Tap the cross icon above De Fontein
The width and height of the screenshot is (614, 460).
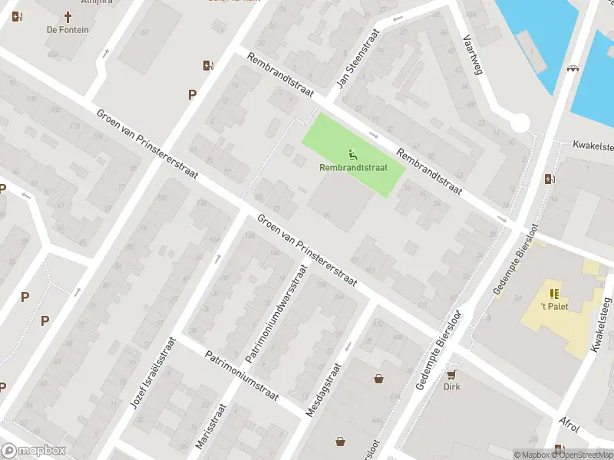coord(67,17)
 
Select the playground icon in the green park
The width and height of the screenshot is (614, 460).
coord(352,153)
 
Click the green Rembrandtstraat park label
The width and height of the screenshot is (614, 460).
coord(352,167)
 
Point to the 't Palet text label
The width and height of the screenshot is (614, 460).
coord(553,307)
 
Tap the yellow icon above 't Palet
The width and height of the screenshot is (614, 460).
coord(553,293)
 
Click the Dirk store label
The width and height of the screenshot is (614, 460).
coord(451,387)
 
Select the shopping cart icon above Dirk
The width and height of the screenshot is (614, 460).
coord(451,374)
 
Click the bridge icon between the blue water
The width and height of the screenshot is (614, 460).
coord(573,69)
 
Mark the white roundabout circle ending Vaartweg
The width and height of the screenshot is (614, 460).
coord(520,123)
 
